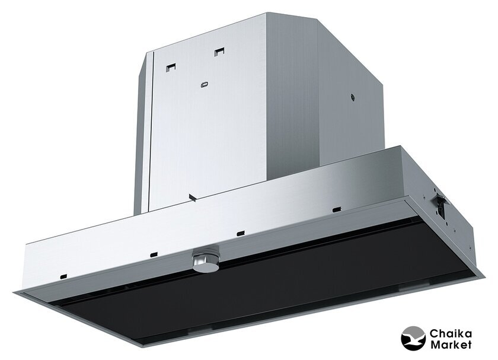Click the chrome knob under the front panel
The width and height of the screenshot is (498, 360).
[x=206, y=260]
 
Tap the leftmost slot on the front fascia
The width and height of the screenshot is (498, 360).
[x=63, y=276]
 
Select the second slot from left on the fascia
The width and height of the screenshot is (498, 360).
[x=154, y=254]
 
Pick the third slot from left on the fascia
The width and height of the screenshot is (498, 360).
[x=241, y=234]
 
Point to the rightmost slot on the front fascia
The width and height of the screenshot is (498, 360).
[x=336, y=209]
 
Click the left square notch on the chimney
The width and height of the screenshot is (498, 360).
[x=171, y=68]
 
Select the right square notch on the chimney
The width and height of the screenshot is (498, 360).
[x=219, y=52]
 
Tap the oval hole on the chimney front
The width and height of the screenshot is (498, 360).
[x=205, y=85]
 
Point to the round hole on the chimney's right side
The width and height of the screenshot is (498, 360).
[x=352, y=97]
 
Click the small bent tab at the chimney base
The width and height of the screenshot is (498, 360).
[x=192, y=197]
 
